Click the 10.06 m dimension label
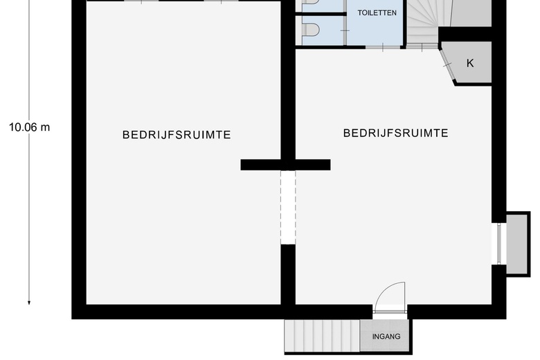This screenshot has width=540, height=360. [29, 127]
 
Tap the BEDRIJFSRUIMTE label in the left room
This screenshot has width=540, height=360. [177, 135]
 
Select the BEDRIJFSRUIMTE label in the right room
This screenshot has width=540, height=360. [395, 133]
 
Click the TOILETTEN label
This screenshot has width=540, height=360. [377, 12]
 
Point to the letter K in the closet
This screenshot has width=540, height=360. [470, 64]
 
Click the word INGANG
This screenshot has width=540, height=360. [386, 337]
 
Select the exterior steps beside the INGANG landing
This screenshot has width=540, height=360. [322, 336]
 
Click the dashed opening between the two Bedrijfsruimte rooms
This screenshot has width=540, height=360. [288, 207]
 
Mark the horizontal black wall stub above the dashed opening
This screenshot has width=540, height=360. [285, 165]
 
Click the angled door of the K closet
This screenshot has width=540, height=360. [448, 64]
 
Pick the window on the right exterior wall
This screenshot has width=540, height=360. [496, 244]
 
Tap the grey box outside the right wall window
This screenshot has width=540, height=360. [517, 244]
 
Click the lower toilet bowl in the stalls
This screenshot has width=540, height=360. [312, 30]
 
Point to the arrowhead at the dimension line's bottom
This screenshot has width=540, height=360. [29, 301]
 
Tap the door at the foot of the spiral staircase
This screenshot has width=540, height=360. [422, 46]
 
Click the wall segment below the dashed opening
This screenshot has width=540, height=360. [288, 273]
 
